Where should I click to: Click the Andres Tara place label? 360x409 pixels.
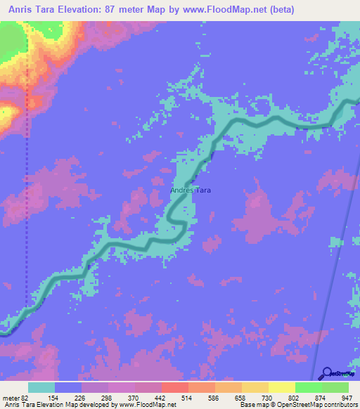pos(190,190)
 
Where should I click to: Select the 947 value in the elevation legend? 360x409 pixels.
pos(340,398)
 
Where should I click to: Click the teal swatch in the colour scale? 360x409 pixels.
pos(41,387)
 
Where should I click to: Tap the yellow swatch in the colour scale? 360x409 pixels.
pos(282,387)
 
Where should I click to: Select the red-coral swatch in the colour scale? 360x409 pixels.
pos(175,387)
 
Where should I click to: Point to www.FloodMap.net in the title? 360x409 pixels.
pos(219,10)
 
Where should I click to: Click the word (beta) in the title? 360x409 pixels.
pos(279,10)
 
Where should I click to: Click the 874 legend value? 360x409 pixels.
pos(307,398)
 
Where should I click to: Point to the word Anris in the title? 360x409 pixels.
pos(19,10)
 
